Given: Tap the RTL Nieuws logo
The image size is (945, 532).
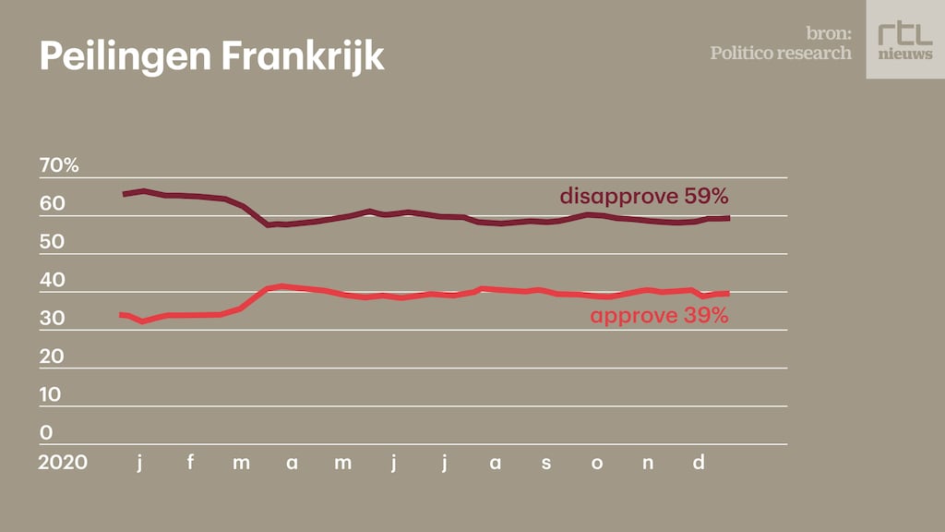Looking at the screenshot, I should [904, 40].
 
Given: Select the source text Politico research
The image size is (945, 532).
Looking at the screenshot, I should [781, 53].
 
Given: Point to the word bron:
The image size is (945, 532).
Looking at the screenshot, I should [827, 33].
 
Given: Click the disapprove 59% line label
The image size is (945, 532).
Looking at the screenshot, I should [644, 196].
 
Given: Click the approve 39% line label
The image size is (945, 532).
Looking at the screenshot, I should [660, 316].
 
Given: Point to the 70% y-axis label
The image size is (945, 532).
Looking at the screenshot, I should [59, 166].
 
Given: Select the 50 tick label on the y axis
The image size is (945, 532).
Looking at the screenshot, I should [52, 242].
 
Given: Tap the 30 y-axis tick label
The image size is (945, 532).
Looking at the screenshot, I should [52, 319].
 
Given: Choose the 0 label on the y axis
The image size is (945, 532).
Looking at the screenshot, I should [46, 432].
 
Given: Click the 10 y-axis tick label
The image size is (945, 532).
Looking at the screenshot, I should [52, 394].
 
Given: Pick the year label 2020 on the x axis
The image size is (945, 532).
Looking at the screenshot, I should [63, 462].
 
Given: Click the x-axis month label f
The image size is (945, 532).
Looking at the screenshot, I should [190, 462].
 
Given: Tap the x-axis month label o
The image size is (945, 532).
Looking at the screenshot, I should [597, 463].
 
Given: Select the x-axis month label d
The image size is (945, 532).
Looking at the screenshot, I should [698, 462].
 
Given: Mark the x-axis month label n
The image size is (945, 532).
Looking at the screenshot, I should [648, 463].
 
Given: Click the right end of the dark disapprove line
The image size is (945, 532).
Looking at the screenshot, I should [728, 218].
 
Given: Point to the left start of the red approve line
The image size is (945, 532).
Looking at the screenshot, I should [123, 315].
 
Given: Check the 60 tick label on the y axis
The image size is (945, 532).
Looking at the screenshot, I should [52, 204].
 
